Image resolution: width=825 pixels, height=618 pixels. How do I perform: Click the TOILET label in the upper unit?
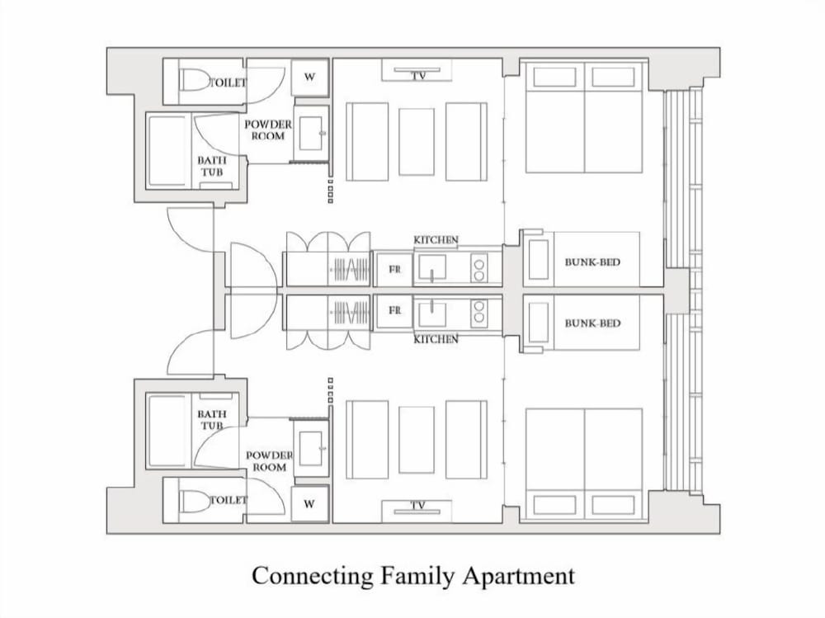(x=228, y=83)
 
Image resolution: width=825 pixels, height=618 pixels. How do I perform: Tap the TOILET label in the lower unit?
(x=228, y=499)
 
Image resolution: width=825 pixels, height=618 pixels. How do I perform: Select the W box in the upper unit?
(x=310, y=77)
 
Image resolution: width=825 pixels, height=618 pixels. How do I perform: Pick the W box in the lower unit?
(x=310, y=504)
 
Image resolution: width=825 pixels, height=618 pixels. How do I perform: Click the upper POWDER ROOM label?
(x=268, y=130)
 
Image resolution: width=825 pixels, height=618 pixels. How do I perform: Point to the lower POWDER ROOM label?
(x=270, y=461)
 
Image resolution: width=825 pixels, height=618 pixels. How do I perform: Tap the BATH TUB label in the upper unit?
(x=211, y=166)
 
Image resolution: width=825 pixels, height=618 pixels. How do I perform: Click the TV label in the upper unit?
(x=418, y=76)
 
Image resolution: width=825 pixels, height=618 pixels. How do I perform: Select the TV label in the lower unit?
(x=418, y=505)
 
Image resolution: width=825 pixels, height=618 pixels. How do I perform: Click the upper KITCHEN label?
(x=436, y=240)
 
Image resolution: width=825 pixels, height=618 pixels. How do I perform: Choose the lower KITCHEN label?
(x=436, y=339)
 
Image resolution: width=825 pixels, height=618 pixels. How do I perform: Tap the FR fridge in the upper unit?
(x=394, y=269)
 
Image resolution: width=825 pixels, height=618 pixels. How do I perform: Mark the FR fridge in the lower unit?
(x=394, y=311)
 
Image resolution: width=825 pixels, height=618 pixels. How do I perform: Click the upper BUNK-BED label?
(x=592, y=262)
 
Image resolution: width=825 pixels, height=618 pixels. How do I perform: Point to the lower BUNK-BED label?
(x=592, y=323)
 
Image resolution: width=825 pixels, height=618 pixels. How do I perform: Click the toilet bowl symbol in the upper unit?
(x=194, y=81)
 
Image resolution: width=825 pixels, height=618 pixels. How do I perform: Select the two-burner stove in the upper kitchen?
(x=478, y=268)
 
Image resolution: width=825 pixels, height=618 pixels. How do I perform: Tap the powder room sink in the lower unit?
(x=310, y=449)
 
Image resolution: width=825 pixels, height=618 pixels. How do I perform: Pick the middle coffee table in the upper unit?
(x=417, y=142)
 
